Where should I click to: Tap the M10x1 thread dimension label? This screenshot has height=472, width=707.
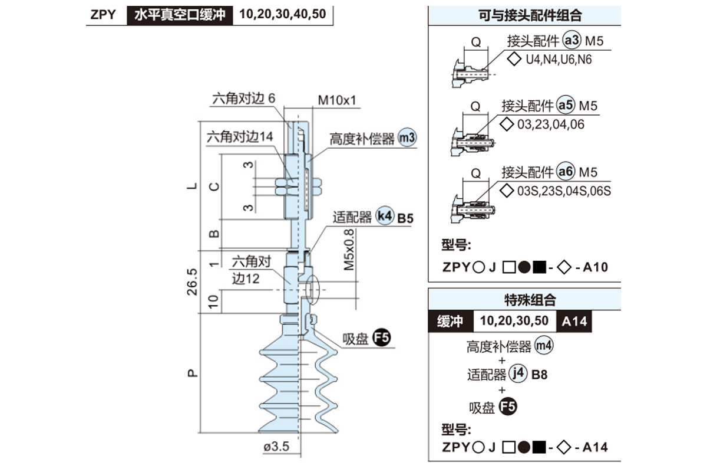[x=338, y=100]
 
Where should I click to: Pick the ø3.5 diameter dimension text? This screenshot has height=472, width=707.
[x=277, y=447]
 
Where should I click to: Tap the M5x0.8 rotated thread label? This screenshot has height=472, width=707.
[x=349, y=250]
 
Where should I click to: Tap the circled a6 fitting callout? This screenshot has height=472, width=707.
[x=566, y=172]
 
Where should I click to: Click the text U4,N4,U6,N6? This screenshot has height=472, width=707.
[x=559, y=59]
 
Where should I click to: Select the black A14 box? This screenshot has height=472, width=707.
[x=574, y=322]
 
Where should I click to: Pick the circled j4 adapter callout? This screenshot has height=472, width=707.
[x=518, y=373]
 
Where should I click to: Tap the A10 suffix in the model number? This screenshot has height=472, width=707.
[x=595, y=267]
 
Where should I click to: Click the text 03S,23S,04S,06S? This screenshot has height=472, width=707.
[x=563, y=191]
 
